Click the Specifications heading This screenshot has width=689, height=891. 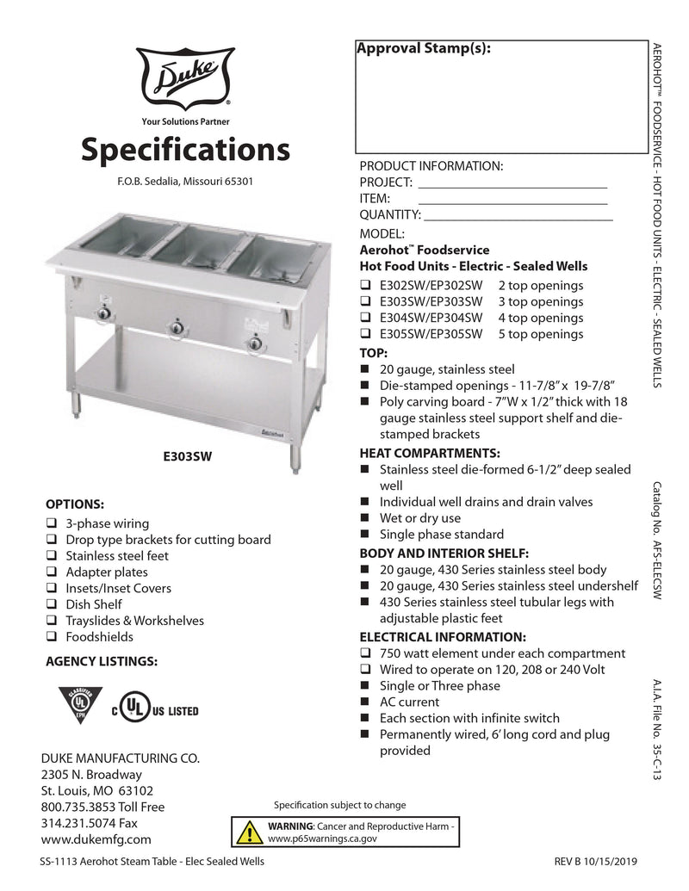click(185, 150)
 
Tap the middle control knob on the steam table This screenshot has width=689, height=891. click(177, 327)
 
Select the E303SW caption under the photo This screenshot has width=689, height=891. click(187, 458)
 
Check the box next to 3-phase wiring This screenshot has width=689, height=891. click(52, 523)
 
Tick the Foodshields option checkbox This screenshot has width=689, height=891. click(52, 637)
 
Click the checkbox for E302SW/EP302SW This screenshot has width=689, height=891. click(365, 286)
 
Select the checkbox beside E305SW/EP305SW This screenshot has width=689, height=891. click(365, 334)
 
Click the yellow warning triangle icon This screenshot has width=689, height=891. click(250, 832)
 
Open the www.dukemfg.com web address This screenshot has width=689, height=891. click(96, 839)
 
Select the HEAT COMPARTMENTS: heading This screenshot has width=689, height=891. click(429, 453)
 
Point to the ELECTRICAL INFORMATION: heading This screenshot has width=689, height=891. click(442, 637)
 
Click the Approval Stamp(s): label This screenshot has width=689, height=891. click(424, 49)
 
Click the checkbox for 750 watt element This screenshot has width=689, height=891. click(365, 654)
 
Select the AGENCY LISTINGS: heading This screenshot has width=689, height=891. click(101, 662)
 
